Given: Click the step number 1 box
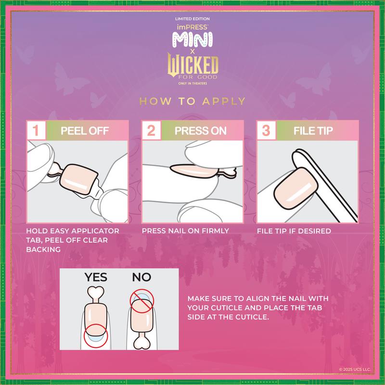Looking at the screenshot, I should point(36,130).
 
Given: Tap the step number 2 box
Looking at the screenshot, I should point(150,130).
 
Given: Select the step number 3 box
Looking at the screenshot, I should point(265,130).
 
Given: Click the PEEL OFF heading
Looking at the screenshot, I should point(85,130).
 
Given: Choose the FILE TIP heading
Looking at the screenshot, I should point(313,130).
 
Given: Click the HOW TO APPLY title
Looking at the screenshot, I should point(192,101).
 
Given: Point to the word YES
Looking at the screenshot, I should point(96,278).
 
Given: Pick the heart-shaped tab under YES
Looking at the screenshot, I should point(95,293).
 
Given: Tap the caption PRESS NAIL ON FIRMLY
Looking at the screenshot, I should point(185,231).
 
